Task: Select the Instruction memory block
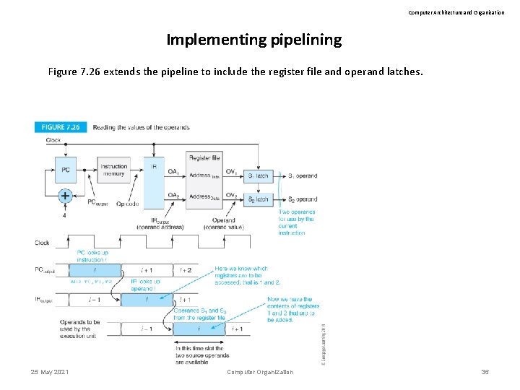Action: (114, 170)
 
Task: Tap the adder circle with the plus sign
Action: (64, 195)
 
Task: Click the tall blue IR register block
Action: (153, 184)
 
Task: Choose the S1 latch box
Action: (259, 175)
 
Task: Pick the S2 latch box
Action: (259, 199)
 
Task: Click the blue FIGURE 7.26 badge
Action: (61, 127)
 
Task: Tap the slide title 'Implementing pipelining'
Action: (254, 40)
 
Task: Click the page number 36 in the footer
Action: (485, 372)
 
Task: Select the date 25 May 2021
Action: (50, 372)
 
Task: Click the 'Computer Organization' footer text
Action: (260, 372)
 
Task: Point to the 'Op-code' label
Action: (126, 204)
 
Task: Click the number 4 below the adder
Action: (64, 215)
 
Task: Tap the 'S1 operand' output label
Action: (303, 175)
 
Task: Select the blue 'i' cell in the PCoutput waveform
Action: (95, 269)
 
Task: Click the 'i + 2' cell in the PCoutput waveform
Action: (184, 269)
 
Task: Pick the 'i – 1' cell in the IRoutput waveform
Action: (95, 299)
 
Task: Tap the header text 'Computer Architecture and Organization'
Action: (456, 12)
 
